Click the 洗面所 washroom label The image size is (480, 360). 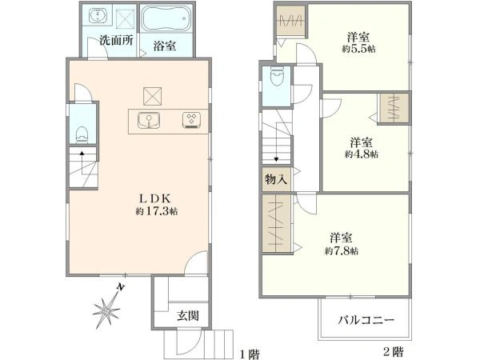point(116,41)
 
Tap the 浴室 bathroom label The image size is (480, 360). point(164,46)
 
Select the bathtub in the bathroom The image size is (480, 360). point(167,18)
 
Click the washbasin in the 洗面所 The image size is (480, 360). point(98,15)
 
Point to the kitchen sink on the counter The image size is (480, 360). point(149,120)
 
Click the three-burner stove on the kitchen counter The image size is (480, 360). point(192,120)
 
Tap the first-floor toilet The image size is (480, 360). point(82,135)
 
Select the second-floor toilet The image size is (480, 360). point(278,76)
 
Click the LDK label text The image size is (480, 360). point(155,198)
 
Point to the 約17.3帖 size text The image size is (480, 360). point(157,211)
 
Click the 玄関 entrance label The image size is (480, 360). point(188,316)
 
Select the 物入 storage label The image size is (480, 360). point(276,179)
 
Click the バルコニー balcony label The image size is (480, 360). point(366,320)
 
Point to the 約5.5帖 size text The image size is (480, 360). point(358,49)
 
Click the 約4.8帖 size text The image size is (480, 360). point(362,154)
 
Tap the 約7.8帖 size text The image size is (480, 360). point(342,251)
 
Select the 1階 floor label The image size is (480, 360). point(250,354)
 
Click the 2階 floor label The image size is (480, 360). point(394,351)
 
